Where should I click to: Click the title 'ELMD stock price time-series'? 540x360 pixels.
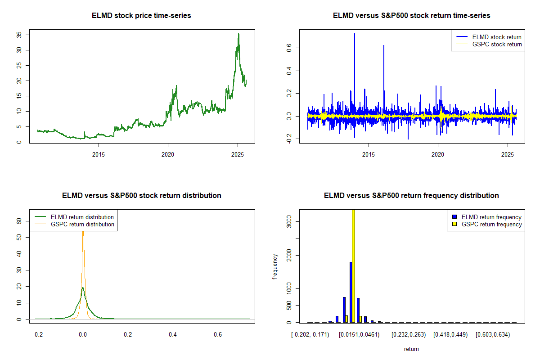coord(141,16)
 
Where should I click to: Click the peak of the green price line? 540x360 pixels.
coord(238,34)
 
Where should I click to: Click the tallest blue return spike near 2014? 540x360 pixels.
coord(355,34)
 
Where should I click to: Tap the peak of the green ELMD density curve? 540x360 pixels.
coord(83,288)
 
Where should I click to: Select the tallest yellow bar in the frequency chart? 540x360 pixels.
coord(354,265)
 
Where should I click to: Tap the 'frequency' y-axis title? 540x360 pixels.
coord(275,266)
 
